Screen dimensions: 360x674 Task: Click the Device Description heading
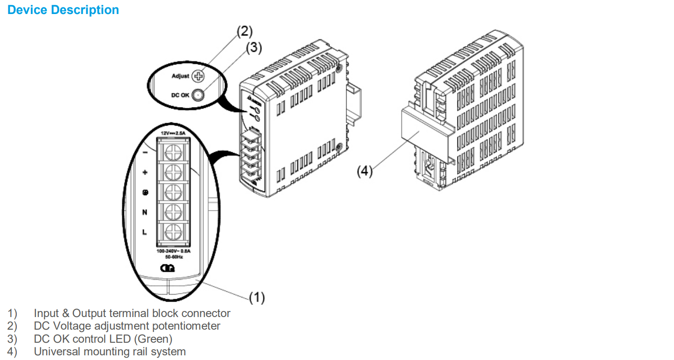click(x=63, y=10)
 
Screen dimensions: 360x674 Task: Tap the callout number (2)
click(x=244, y=31)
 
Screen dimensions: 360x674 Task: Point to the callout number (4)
click(x=365, y=171)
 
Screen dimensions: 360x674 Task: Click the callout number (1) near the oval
click(x=257, y=297)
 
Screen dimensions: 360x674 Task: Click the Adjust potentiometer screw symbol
click(x=199, y=76)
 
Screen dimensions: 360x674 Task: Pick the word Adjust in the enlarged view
click(x=181, y=76)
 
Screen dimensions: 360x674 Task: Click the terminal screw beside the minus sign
click(x=173, y=152)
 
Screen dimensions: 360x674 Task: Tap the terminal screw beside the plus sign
click(x=173, y=172)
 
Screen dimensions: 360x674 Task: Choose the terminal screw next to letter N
click(x=173, y=212)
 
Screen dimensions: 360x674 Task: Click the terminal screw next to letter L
click(x=173, y=231)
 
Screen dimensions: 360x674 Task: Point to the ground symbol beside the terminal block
click(x=145, y=192)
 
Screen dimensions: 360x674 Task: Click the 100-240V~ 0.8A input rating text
click(x=174, y=251)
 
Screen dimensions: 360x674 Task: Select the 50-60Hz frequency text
click(x=174, y=257)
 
